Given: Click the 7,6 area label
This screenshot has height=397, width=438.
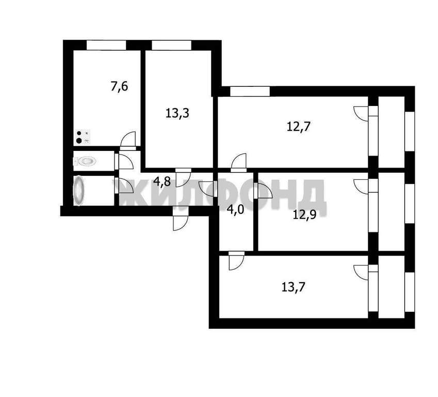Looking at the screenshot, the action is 119,86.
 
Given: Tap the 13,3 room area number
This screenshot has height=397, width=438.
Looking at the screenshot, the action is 177,113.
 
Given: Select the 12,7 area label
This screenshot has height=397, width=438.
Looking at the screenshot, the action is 299,127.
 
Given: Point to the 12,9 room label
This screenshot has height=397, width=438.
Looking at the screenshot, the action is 304,215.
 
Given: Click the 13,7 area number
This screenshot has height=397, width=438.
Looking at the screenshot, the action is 293,287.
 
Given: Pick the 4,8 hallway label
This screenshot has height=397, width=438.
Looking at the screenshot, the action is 162,182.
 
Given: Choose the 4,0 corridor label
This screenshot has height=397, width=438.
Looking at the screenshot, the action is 235,209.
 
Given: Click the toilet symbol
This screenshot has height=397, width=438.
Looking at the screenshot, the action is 85,161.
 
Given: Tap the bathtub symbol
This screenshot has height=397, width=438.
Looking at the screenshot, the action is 78,190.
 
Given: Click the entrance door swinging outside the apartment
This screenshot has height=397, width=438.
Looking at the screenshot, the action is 180,218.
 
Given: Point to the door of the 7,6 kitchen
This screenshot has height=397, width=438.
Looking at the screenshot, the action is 128,140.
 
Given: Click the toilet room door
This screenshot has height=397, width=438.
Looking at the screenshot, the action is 124,161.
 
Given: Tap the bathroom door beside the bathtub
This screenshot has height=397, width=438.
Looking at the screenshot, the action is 124,186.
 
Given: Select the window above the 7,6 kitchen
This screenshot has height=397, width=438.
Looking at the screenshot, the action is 106,45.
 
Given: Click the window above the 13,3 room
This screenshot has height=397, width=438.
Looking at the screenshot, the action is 171,45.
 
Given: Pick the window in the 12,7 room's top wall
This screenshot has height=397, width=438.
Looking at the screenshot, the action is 250,91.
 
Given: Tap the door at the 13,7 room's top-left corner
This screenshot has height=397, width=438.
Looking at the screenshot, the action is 236,261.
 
